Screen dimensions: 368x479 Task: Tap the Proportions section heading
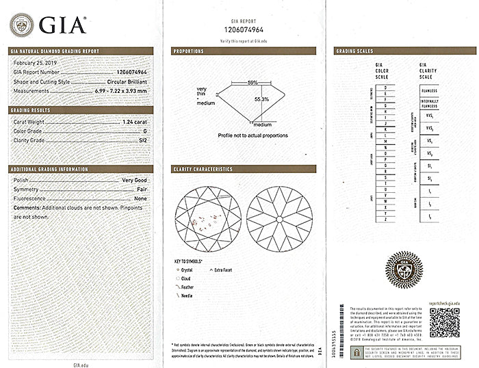point(189,51)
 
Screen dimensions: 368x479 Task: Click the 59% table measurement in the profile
point(253,83)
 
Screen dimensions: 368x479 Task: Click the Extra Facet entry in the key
point(222,270)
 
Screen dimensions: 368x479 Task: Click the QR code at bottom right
point(444,322)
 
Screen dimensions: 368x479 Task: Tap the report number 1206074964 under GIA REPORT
point(244,29)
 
